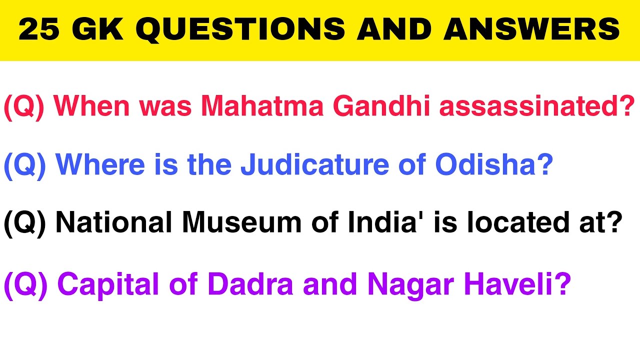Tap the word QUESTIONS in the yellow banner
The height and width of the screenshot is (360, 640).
coord(240,29)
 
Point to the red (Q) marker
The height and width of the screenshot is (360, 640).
coord(24,107)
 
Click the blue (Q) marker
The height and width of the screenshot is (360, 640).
coord(24,165)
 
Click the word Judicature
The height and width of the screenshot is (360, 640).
coord(315,165)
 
